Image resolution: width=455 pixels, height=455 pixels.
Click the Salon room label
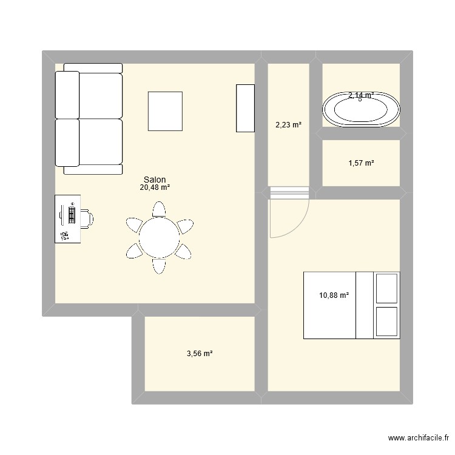[x=155, y=180]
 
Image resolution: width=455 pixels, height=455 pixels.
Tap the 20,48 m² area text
[x=155, y=187]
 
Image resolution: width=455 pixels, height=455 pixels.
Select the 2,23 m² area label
[x=288, y=125]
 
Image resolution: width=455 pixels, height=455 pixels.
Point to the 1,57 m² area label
[x=360, y=163]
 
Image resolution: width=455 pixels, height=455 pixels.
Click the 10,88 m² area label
[x=334, y=295]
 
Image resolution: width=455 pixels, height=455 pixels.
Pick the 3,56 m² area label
[x=198, y=353]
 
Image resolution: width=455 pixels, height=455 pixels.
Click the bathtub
[x=362, y=110]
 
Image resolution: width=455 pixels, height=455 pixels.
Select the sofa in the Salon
[x=90, y=118]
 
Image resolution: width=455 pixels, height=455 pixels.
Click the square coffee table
[x=165, y=111]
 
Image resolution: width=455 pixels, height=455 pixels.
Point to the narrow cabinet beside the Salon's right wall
[x=245, y=108]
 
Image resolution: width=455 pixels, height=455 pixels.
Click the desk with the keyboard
[x=67, y=219]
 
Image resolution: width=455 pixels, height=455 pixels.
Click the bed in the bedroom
[x=351, y=305]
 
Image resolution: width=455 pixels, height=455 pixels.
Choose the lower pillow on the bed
[x=386, y=322]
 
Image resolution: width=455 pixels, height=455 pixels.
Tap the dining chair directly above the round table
[x=159, y=209]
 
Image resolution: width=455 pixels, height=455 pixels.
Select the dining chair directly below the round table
[x=159, y=266]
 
